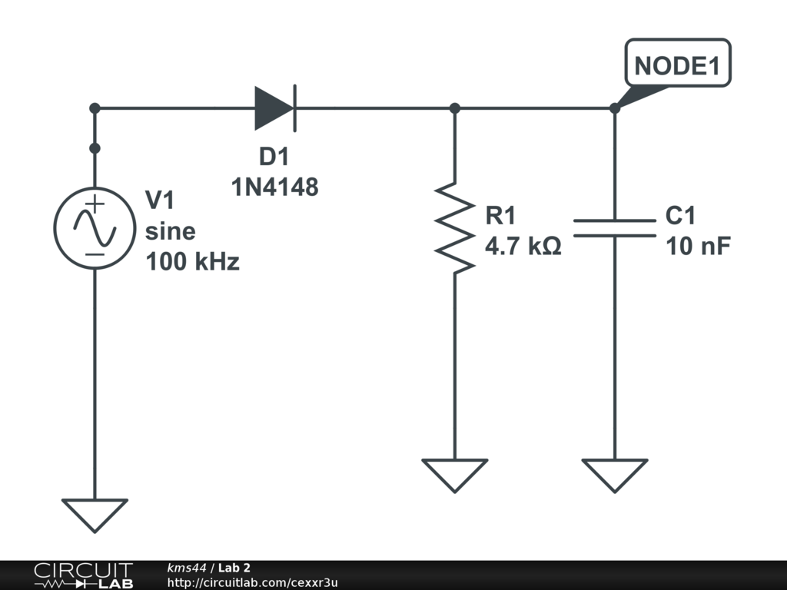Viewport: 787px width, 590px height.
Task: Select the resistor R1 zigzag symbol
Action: coord(455,228)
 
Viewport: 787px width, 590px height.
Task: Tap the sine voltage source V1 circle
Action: coord(95,228)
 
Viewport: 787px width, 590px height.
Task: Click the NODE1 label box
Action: coord(678,63)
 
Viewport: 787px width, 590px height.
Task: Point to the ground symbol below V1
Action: coord(95,515)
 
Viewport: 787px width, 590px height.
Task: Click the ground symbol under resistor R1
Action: coord(455,475)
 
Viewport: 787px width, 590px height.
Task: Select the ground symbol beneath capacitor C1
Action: coord(615,475)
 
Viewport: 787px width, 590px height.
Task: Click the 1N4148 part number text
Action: coord(274,187)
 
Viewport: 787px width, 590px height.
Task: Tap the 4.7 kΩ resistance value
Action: coord(523,246)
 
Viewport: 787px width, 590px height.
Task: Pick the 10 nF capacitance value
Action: coord(698,246)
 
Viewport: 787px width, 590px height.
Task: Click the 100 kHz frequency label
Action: coord(192,261)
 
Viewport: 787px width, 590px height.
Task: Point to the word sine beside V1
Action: coord(170,231)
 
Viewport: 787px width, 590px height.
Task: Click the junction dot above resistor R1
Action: coord(455,108)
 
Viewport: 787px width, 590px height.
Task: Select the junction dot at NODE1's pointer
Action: coord(615,108)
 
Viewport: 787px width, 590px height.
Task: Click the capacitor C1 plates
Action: coord(615,228)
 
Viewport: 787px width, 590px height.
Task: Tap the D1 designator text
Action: coord(274,157)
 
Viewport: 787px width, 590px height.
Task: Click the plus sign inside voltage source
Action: coord(95,204)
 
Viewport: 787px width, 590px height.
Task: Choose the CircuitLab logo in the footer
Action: coord(83,575)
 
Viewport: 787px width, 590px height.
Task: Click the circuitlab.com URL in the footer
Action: coord(252,582)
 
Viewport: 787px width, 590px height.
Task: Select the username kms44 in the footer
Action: coord(187,568)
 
